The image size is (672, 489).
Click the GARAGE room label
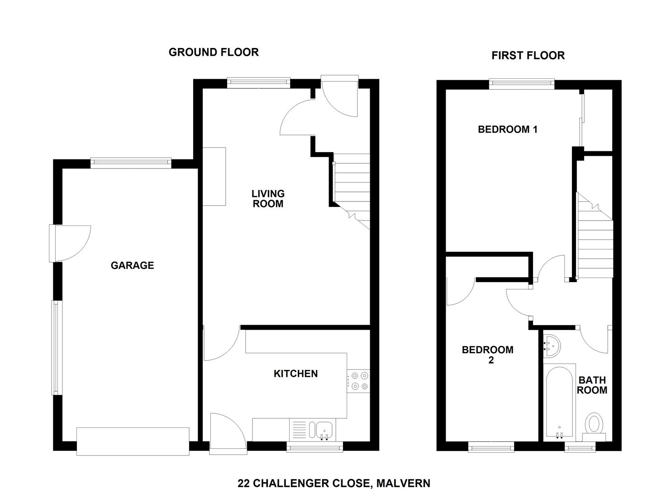tap(132, 265)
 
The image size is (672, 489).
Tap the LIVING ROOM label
tap(268, 199)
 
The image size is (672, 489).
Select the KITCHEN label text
tap(295, 374)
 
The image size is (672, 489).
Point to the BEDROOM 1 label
tap(507, 129)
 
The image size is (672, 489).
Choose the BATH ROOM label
tap(591, 385)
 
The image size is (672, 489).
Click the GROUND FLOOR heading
tap(214, 52)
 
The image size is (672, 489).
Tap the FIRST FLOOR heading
tap(528, 55)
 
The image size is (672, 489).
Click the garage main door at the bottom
tap(133, 441)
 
